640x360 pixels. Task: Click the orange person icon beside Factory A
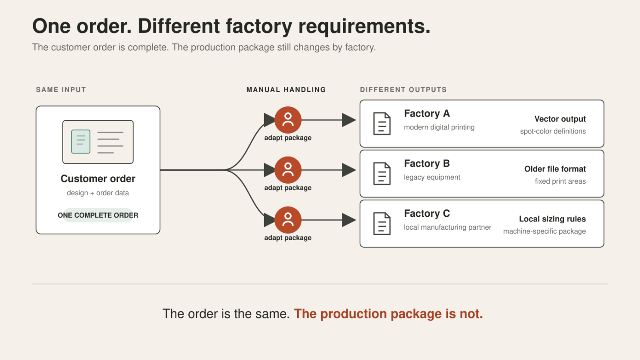(x=288, y=120)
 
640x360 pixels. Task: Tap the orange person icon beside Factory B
(x=288, y=170)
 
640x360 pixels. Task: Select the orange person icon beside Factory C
(x=288, y=220)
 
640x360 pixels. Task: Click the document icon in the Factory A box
(x=382, y=124)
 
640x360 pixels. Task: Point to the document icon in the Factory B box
(x=382, y=174)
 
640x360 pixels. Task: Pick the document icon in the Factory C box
(x=382, y=224)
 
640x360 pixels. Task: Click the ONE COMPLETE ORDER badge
(x=98, y=215)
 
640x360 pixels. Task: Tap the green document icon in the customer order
(x=80, y=142)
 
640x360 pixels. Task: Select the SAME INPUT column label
(x=61, y=90)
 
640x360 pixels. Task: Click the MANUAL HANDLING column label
(x=286, y=90)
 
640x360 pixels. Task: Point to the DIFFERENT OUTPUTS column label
(x=403, y=90)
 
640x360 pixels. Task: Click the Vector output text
(x=560, y=119)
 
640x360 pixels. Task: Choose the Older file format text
(x=555, y=169)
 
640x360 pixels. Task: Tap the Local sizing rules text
(x=552, y=219)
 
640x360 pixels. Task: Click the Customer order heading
(x=98, y=178)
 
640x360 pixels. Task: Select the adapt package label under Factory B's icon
(x=288, y=188)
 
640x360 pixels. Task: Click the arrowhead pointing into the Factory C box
(x=349, y=220)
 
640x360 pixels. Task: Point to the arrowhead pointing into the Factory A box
(x=349, y=120)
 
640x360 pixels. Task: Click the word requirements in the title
(x=364, y=27)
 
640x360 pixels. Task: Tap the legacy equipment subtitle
(x=432, y=178)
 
